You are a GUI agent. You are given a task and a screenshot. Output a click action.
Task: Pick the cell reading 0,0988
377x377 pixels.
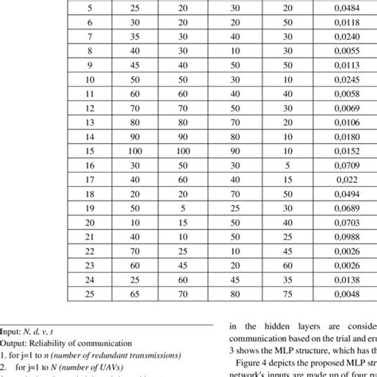(335, 237)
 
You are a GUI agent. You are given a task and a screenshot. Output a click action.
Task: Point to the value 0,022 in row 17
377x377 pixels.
(335, 179)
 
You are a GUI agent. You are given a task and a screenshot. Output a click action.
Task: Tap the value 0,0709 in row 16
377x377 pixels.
(335, 165)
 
